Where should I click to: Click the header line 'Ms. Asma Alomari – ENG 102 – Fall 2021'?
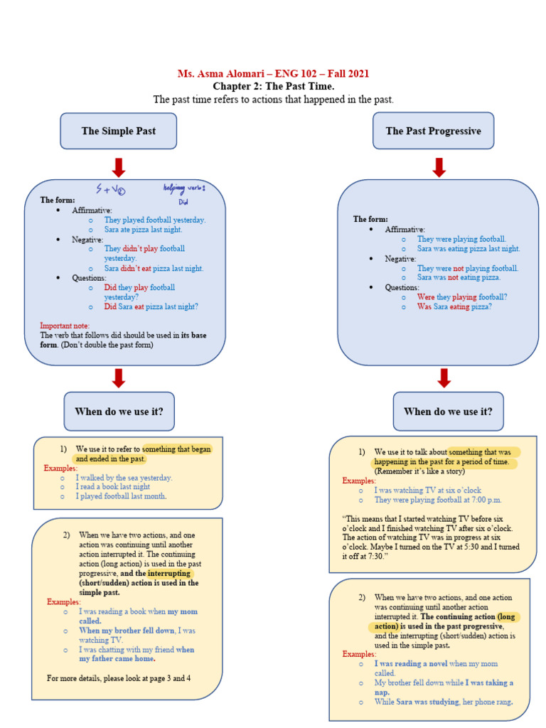(x=273, y=74)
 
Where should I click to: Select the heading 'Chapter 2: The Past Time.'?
(x=273, y=86)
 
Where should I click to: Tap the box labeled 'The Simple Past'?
(x=119, y=131)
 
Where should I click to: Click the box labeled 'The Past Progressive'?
(x=433, y=131)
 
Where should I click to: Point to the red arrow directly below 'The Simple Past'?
(x=119, y=168)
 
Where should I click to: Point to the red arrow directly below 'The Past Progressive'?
(x=439, y=168)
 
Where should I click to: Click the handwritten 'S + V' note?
(x=111, y=190)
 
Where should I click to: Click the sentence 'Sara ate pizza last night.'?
(x=143, y=230)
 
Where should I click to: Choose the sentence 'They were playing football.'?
(x=461, y=240)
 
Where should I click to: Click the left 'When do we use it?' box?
(x=119, y=411)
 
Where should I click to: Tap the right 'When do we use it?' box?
(x=448, y=411)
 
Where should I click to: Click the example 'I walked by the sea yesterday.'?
(x=124, y=478)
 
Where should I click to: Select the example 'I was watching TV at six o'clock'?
(x=427, y=491)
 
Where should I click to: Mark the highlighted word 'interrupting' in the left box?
(x=170, y=573)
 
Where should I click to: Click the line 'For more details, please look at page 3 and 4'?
(x=119, y=678)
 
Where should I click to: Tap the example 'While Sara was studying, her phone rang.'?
(x=443, y=702)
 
